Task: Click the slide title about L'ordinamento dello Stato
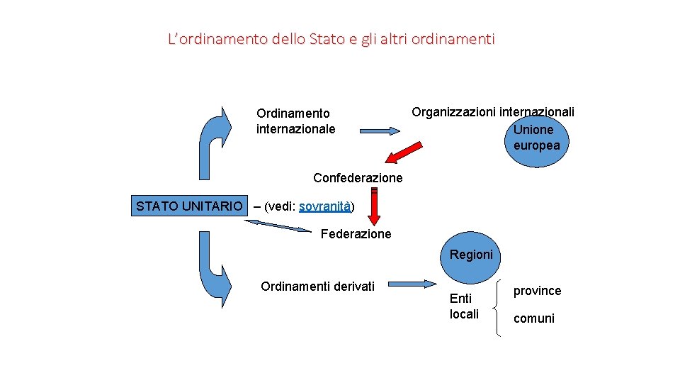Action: click(x=331, y=38)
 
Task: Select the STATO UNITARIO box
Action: click(x=188, y=206)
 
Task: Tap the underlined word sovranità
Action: click(x=325, y=206)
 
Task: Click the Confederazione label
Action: click(x=358, y=177)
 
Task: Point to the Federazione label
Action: click(x=356, y=233)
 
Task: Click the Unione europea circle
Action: click(x=536, y=138)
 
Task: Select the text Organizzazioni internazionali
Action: click(x=493, y=112)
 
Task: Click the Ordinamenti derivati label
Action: click(x=317, y=286)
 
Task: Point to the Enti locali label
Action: click(x=464, y=306)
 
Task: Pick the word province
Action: click(x=537, y=291)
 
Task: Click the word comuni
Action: click(x=533, y=318)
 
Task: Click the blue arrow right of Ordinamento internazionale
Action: click(x=380, y=131)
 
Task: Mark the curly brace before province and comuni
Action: click(x=500, y=306)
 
